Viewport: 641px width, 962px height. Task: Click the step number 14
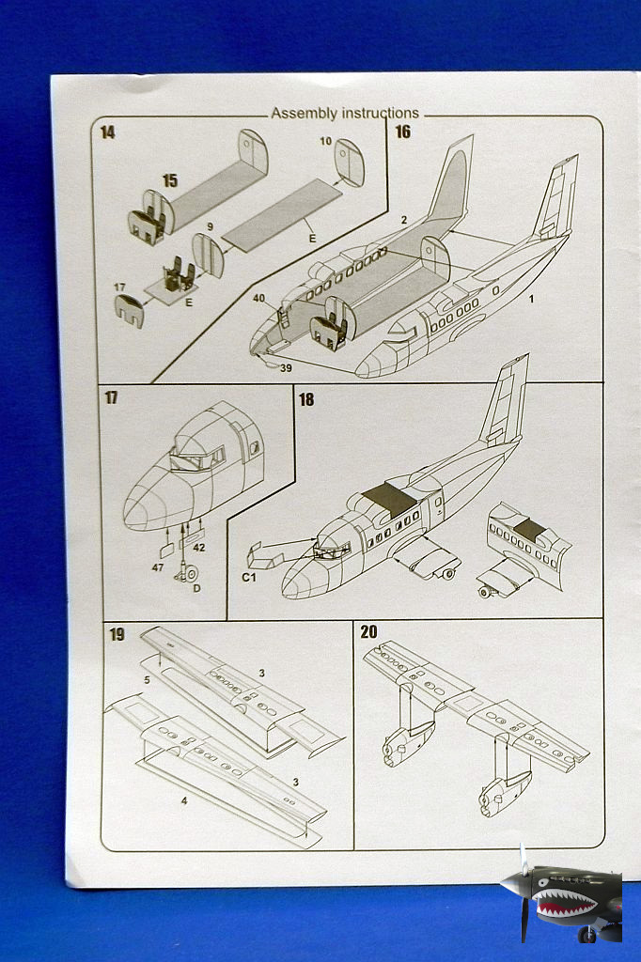107,132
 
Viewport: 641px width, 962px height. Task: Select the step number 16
402,132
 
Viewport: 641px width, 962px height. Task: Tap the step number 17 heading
111,397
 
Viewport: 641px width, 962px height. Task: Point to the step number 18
306,399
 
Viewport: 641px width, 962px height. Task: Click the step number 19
116,634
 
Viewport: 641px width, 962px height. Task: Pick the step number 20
368,632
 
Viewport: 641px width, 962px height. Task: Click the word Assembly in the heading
304,114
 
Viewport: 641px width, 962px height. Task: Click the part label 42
198,547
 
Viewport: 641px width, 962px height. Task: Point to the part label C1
248,577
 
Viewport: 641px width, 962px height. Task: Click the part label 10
326,141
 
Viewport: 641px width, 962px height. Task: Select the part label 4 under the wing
184,800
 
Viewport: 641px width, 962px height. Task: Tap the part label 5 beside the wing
147,678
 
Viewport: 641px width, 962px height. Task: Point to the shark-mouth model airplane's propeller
523,888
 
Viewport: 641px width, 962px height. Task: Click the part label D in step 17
195,589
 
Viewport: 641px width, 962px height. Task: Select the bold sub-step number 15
169,179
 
